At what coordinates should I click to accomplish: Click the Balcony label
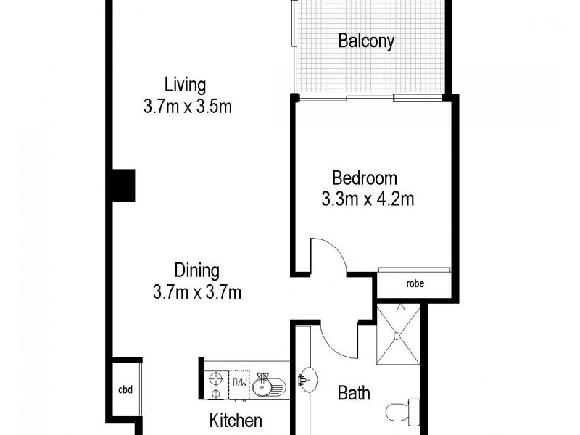(x=366, y=41)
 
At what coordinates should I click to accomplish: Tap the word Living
(x=185, y=83)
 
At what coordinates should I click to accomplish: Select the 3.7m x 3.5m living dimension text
(x=188, y=107)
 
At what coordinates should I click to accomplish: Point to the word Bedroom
(x=364, y=177)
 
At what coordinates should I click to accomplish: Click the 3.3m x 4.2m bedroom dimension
(x=368, y=199)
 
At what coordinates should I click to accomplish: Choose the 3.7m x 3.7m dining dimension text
(x=196, y=293)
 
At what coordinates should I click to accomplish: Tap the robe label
(x=415, y=283)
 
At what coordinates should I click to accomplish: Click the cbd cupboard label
(x=125, y=389)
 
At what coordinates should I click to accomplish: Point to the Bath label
(x=355, y=394)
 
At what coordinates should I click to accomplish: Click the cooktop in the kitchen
(x=215, y=385)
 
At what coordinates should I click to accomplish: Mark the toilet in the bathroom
(x=404, y=411)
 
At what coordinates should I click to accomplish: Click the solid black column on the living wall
(x=123, y=184)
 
